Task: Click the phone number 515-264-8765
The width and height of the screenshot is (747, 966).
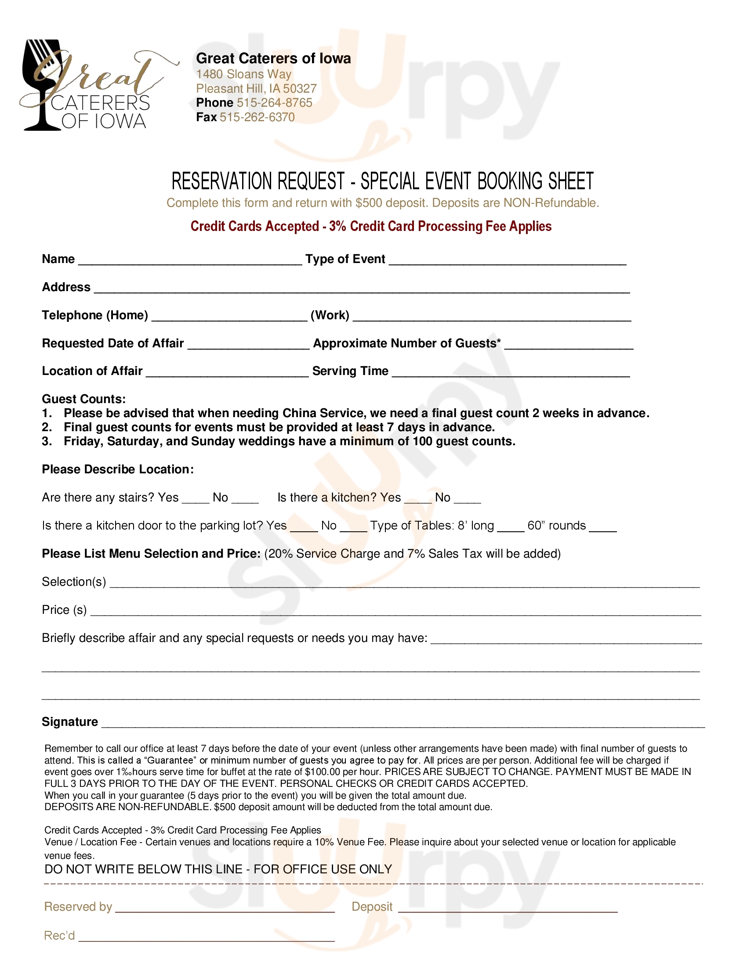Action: point(274,103)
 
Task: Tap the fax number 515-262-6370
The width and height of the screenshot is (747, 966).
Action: point(257,117)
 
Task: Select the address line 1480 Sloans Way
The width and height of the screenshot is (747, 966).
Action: point(244,74)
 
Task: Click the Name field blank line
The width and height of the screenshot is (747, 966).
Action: point(190,260)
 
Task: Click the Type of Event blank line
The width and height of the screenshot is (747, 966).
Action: point(507,260)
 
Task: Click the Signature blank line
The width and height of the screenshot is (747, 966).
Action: point(403,724)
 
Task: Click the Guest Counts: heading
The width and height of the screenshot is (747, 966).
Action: point(83,399)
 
